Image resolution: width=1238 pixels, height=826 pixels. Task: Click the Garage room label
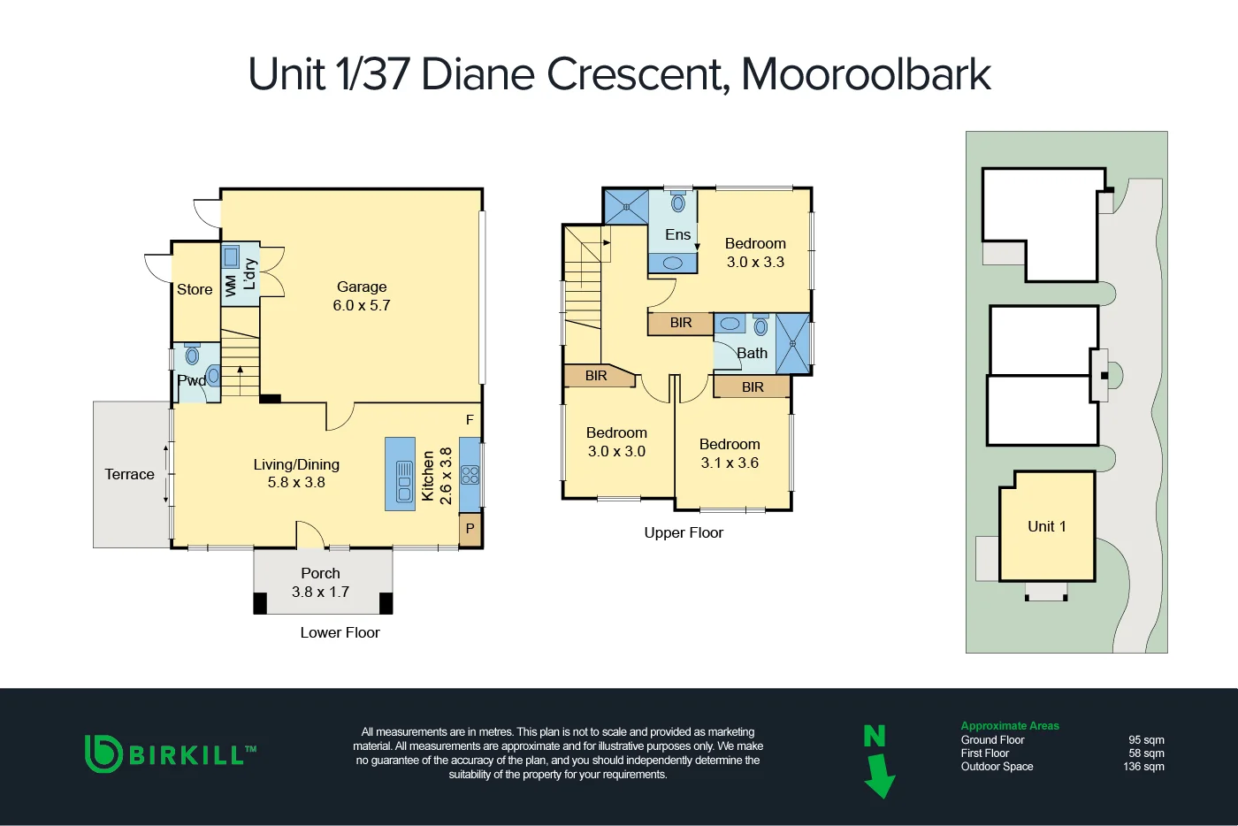[362, 287]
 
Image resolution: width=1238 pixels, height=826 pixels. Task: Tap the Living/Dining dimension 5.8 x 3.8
[296, 483]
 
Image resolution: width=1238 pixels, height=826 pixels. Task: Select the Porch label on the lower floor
[320, 573]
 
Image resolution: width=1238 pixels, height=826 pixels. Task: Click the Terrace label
[129, 474]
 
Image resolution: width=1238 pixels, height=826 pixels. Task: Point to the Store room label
[195, 289]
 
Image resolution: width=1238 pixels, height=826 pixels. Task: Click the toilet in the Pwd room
[192, 356]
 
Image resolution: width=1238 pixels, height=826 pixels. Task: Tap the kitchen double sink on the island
[404, 482]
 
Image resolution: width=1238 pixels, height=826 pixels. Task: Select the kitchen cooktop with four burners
[470, 475]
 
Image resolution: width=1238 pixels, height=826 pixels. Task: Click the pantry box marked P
[470, 529]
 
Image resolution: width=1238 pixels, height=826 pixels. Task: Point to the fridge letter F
[470, 420]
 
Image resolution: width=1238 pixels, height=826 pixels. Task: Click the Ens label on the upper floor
[677, 234]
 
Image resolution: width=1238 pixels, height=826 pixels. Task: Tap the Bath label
[753, 353]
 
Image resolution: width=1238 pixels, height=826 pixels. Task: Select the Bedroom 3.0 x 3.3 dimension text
[755, 263]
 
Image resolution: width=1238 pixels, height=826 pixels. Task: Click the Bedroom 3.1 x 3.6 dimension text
[730, 463]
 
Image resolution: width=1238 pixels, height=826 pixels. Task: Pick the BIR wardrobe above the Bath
[680, 323]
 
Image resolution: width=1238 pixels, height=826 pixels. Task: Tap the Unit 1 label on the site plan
[1046, 526]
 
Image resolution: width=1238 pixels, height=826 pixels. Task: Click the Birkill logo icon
[103, 753]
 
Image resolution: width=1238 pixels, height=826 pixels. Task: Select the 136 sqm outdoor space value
[1143, 767]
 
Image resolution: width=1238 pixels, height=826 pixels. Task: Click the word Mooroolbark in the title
[866, 74]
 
